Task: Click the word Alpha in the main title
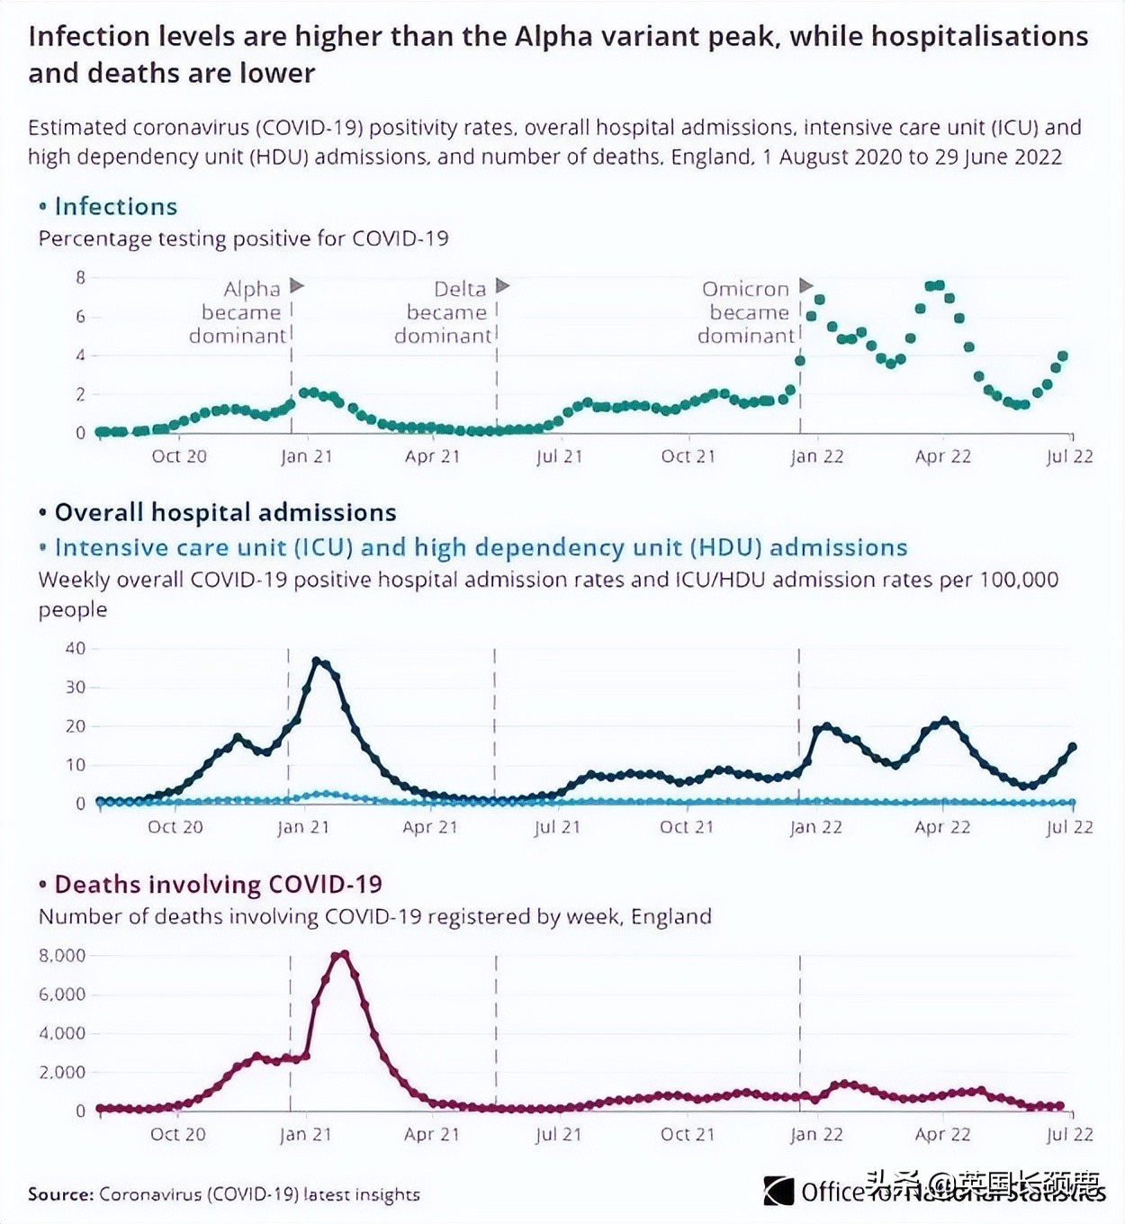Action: click(x=554, y=37)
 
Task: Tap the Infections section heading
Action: click(x=115, y=207)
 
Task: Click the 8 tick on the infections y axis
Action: click(x=81, y=278)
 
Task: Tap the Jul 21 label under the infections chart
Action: click(x=559, y=456)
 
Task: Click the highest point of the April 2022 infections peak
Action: click(x=935, y=285)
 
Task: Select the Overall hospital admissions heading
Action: click(x=225, y=513)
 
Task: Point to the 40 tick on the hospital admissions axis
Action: click(x=76, y=648)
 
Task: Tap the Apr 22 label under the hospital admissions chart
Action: click(x=942, y=827)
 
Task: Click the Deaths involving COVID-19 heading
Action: click(x=218, y=885)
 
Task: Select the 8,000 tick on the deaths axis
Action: click(x=62, y=956)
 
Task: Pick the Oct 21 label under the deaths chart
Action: click(x=688, y=1134)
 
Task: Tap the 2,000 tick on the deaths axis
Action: click(x=62, y=1072)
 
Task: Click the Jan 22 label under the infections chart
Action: click(x=816, y=456)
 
